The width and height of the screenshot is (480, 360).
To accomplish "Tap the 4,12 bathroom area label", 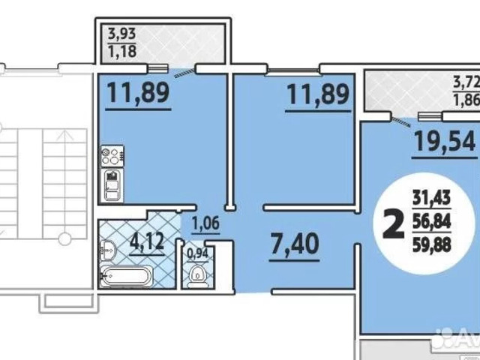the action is (x=147, y=241).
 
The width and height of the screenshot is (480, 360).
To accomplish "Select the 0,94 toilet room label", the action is (x=197, y=253).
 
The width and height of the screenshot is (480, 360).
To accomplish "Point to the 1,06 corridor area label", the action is (x=205, y=223).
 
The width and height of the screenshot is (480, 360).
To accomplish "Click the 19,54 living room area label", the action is (x=445, y=141).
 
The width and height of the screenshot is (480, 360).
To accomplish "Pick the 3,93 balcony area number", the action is (x=121, y=33).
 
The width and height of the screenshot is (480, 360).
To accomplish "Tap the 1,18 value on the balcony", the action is (x=121, y=51).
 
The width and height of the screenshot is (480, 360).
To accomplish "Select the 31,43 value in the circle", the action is (x=432, y=198).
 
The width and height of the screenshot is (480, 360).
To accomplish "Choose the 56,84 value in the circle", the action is (x=432, y=221).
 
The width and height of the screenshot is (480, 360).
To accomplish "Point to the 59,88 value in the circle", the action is (x=432, y=244).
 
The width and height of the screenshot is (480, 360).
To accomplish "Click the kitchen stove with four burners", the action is (x=112, y=156).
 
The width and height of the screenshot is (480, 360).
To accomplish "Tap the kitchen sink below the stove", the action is (x=112, y=185).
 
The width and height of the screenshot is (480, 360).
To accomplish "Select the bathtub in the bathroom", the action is (x=126, y=276).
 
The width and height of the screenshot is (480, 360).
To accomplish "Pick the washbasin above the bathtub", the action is (x=107, y=250).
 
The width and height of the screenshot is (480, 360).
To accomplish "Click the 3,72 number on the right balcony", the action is (x=466, y=82).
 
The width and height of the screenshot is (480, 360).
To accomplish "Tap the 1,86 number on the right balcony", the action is (x=466, y=100).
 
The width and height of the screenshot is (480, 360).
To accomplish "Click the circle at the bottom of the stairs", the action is (x=65, y=238).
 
